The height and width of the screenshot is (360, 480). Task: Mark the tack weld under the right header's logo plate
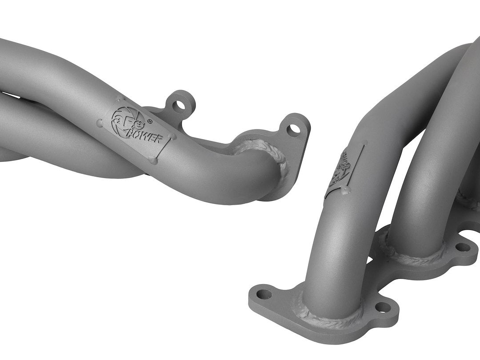(x=344, y=191)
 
